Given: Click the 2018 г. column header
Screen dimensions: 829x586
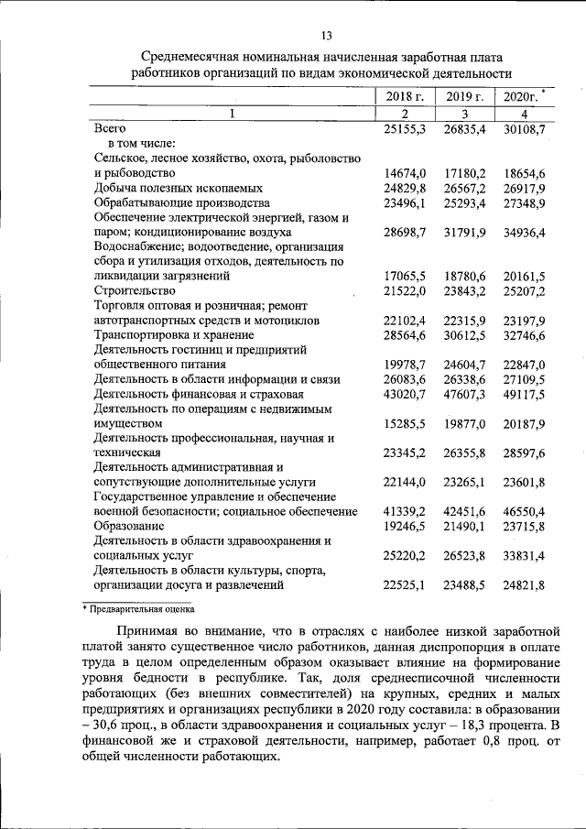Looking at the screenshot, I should click(x=404, y=96).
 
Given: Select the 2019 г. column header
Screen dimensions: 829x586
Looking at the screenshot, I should click(x=464, y=96).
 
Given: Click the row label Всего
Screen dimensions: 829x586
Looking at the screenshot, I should click(x=110, y=129).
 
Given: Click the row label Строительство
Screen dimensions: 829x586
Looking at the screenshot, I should click(x=134, y=290).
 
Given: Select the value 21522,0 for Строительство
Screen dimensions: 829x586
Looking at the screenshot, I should click(x=406, y=290).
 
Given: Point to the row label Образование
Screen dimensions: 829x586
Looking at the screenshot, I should click(x=129, y=526).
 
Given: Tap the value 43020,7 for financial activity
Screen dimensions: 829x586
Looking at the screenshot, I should click(x=406, y=394).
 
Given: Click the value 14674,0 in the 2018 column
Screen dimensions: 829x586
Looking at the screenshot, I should click(x=406, y=172).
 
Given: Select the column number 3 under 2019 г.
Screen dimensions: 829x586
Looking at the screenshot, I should click(x=464, y=114).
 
